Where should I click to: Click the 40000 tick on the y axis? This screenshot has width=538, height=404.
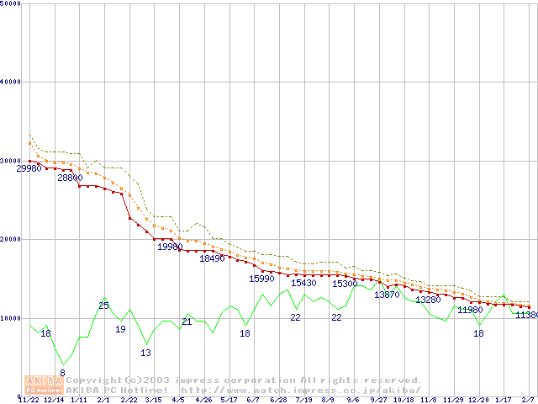pos(11,82)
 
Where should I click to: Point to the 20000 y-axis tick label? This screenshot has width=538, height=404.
pos(11,239)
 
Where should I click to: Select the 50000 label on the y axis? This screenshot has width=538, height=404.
pos(11,3)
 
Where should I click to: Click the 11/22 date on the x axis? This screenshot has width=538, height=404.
pos(29,400)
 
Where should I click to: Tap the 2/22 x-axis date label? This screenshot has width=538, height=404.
pos(129,400)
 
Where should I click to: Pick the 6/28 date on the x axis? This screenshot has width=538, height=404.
pos(278,400)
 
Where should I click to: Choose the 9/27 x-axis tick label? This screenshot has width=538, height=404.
pos(379,400)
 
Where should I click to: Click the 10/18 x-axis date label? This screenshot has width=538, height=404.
pos(403,400)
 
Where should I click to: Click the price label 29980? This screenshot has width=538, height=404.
pos(29,168)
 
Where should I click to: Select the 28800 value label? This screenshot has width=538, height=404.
pos(70,178)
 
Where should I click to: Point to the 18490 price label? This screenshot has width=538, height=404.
pos(212,258)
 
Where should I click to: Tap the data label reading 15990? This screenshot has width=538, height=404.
pos(262,279)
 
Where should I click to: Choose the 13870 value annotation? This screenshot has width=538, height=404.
pos(388,295)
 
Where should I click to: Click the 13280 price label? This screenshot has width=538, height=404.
pos(428,300)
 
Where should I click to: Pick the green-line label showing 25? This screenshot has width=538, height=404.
pos(103,306)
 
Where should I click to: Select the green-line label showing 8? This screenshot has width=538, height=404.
pos(62,373)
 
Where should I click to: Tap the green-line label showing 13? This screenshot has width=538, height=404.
pos(145,353)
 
